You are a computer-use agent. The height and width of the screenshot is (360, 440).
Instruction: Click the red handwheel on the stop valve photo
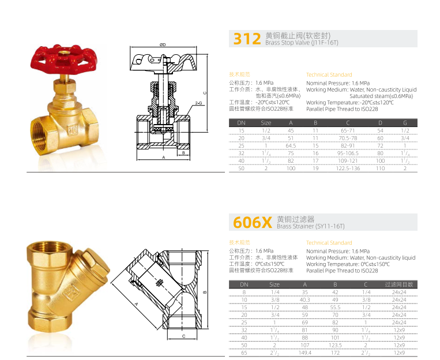coord(64,60)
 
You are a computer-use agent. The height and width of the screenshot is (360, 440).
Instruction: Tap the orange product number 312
coord(247,39)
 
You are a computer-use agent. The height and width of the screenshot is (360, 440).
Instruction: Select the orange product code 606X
coord(252,222)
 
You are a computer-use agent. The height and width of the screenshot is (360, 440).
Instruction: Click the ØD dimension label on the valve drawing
coord(163,44)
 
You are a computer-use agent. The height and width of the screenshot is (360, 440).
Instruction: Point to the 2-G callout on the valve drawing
coord(199,103)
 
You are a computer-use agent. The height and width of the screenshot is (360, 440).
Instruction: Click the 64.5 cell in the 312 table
coord(291,146)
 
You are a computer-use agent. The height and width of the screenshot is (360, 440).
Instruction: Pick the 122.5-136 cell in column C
coord(348,168)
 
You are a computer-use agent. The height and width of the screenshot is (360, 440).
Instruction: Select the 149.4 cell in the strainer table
coord(305,352)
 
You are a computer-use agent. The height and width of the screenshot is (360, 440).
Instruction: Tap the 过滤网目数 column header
coord(399,284)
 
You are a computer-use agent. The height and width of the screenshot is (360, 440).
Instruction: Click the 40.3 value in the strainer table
coord(304,300)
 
